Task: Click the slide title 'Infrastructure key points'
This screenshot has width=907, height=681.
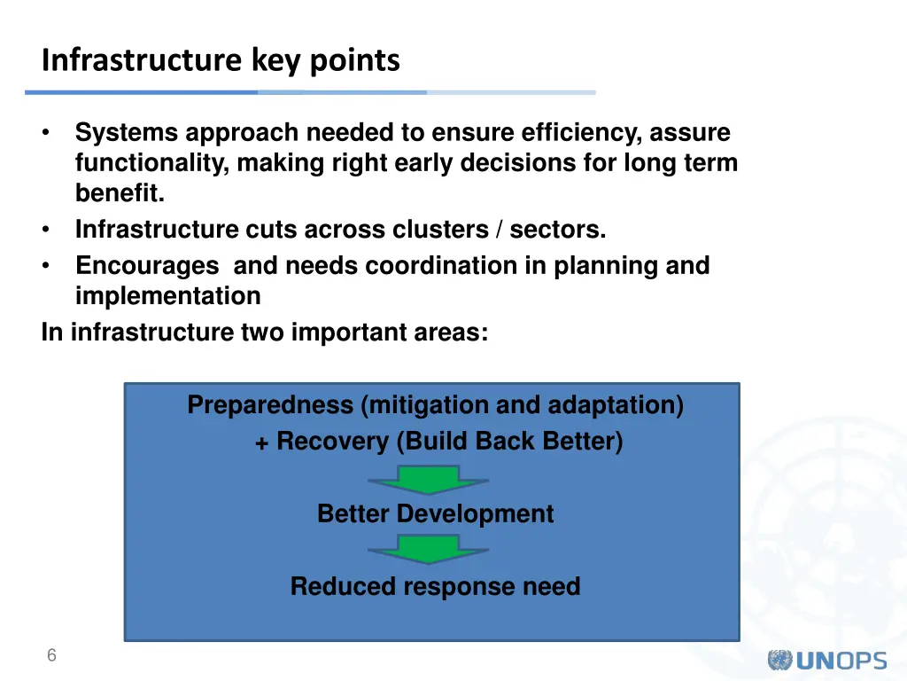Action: pyautogui.click(x=221, y=60)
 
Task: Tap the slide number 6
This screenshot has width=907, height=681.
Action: pyautogui.click(x=51, y=656)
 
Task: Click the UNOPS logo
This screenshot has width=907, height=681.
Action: pyautogui.click(x=826, y=661)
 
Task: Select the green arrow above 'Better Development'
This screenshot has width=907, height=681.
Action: pyautogui.click(x=428, y=480)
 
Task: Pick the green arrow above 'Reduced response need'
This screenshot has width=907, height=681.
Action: pyautogui.click(x=428, y=550)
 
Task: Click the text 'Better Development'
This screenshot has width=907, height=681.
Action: pyautogui.click(x=435, y=514)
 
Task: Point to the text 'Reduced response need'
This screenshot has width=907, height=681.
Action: pyautogui.click(x=435, y=587)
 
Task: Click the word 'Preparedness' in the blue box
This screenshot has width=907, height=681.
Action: pyautogui.click(x=270, y=406)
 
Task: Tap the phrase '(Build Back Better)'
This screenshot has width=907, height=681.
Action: pyautogui.click(x=508, y=442)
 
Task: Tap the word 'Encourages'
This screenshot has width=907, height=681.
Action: pyautogui.click(x=147, y=266)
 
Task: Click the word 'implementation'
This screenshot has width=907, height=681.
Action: pyautogui.click(x=167, y=296)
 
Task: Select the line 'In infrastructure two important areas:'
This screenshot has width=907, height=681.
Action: pyautogui.click(x=264, y=333)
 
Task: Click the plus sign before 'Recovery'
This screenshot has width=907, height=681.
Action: pyautogui.click(x=262, y=443)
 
